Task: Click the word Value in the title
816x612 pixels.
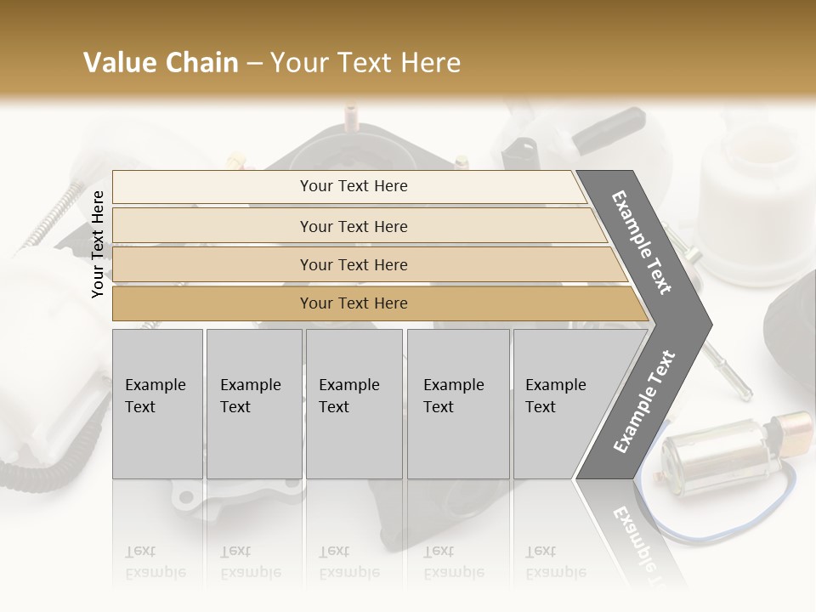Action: pyautogui.click(x=119, y=63)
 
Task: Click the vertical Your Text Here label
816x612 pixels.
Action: pyautogui.click(x=98, y=244)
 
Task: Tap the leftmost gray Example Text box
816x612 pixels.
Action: pyautogui.click(x=157, y=404)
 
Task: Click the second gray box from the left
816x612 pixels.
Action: pyautogui.click(x=254, y=404)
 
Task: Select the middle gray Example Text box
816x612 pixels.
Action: pyautogui.click(x=354, y=404)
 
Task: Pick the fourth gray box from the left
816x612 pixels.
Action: pyautogui.click(x=458, y=404)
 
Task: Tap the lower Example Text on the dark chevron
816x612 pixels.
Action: pyautogui.click(x=643, y=401)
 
